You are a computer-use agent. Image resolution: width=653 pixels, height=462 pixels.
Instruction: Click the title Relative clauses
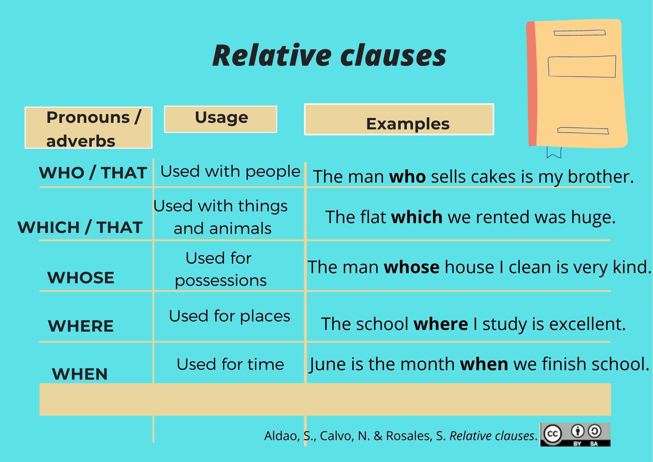329,55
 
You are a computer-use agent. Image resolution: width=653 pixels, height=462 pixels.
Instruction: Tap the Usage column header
220,119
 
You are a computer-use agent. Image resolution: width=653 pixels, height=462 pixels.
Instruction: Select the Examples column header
399,119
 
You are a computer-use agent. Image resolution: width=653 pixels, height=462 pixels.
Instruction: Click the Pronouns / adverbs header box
88,127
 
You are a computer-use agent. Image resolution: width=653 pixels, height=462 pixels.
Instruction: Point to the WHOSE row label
81,278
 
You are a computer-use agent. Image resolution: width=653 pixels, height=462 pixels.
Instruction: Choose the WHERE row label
81,326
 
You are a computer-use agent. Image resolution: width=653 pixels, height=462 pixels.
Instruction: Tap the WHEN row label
80,374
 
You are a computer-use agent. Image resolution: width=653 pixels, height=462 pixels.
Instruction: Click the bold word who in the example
407,177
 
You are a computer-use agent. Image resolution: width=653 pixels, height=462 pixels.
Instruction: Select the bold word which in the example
417,217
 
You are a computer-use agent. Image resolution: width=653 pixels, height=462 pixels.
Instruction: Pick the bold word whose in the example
411,267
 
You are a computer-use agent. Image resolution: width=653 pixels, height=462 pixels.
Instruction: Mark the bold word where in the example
441,324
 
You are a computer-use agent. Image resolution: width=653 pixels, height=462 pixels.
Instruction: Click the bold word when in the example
484,364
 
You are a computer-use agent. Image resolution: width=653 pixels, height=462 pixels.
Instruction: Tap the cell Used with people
230,172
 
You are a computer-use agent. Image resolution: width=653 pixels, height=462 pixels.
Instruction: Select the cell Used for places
230,316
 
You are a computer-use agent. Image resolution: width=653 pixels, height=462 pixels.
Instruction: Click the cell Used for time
230,364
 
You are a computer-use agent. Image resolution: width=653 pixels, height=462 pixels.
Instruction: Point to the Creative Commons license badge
575,435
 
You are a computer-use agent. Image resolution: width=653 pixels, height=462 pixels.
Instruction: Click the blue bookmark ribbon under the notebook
554,152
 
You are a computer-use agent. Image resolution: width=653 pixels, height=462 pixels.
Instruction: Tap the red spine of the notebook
532,84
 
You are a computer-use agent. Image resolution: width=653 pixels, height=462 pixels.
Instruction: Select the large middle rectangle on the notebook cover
582,66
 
